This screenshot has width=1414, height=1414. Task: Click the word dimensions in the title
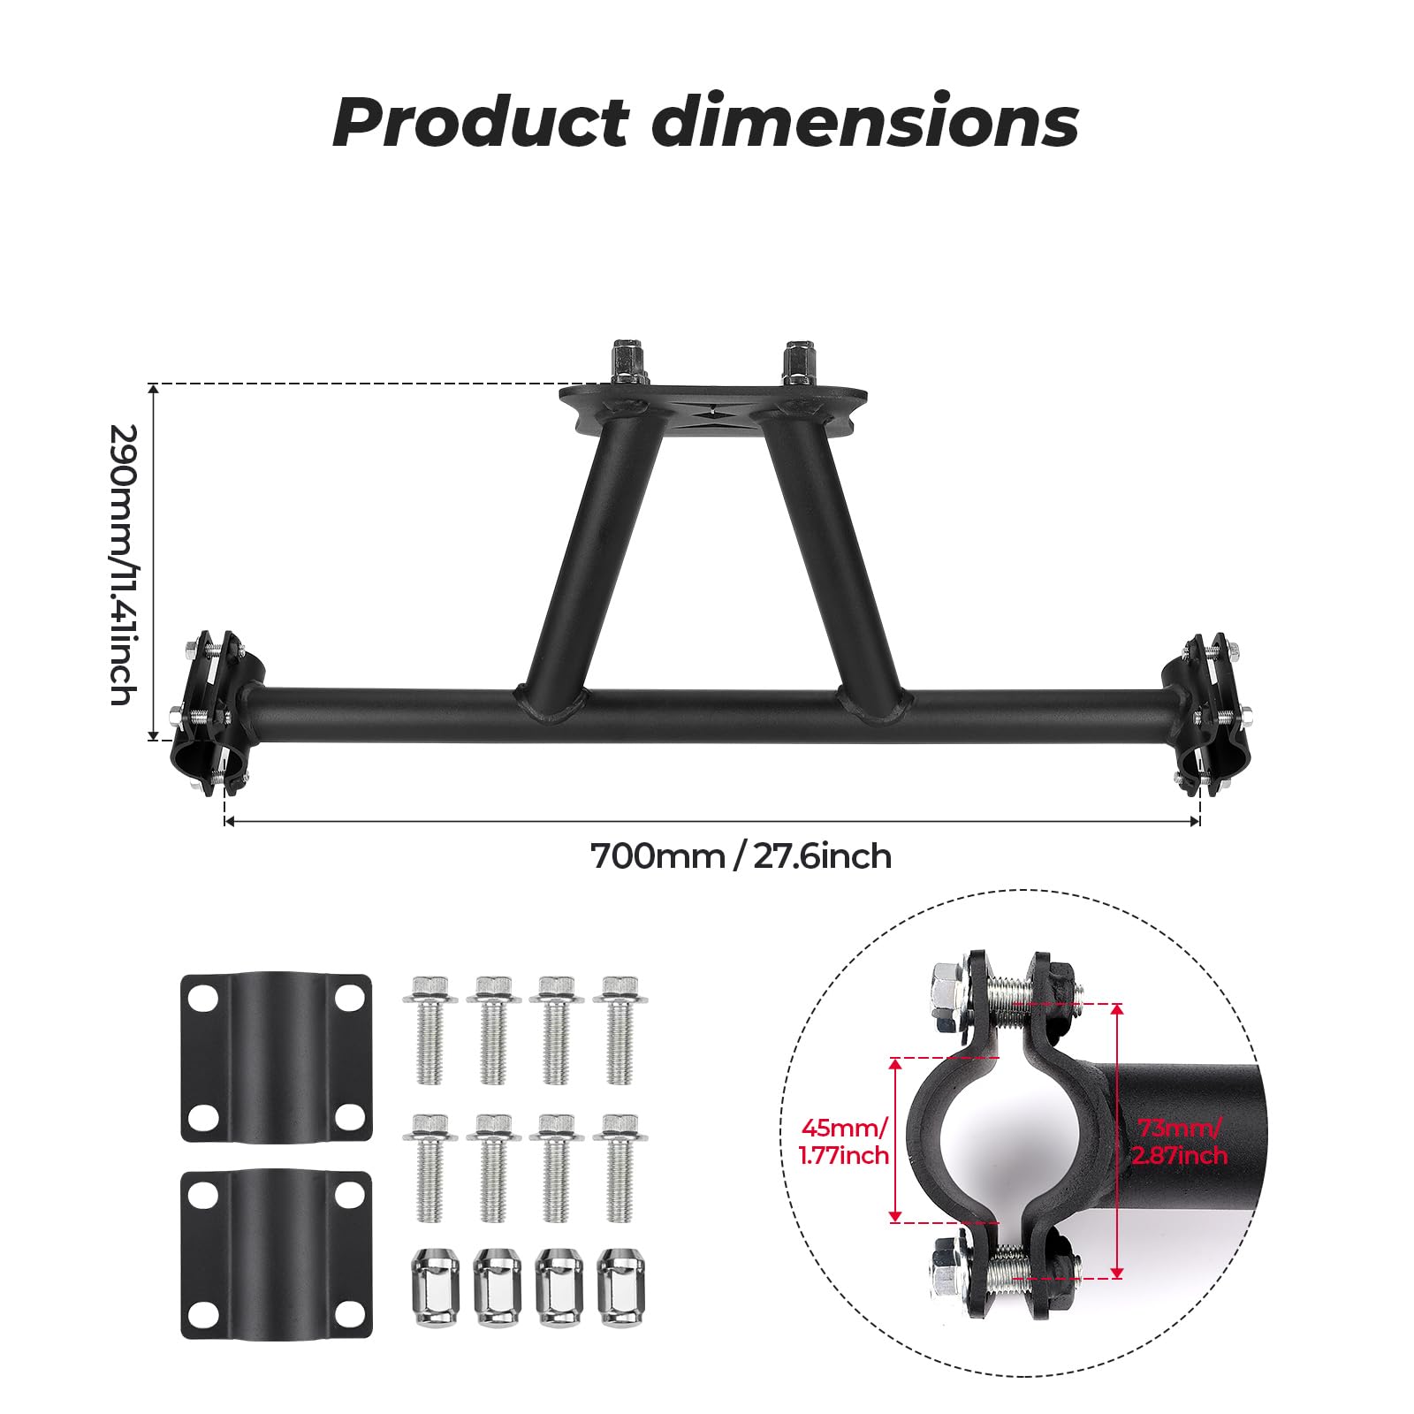pos(865,121)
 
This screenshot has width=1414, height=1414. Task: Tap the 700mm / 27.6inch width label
pos(741,856)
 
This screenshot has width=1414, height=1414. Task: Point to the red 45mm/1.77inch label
pos(844,1141)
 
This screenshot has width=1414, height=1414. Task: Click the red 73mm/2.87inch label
pos(1181,1141)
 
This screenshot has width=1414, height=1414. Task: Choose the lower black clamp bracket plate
pos(276,1254)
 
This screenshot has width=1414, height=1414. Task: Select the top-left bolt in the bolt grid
pos(430,1029)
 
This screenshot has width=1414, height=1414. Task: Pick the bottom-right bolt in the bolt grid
pos(618,1167)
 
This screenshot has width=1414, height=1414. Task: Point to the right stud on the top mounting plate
pos(797,363)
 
